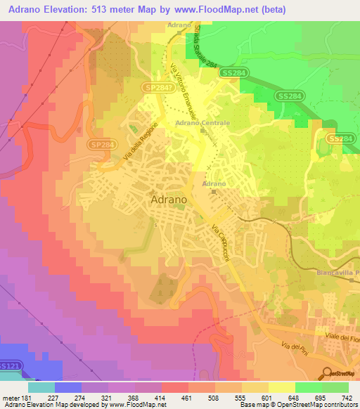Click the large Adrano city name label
pyautogui.click(x=169, y=200)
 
